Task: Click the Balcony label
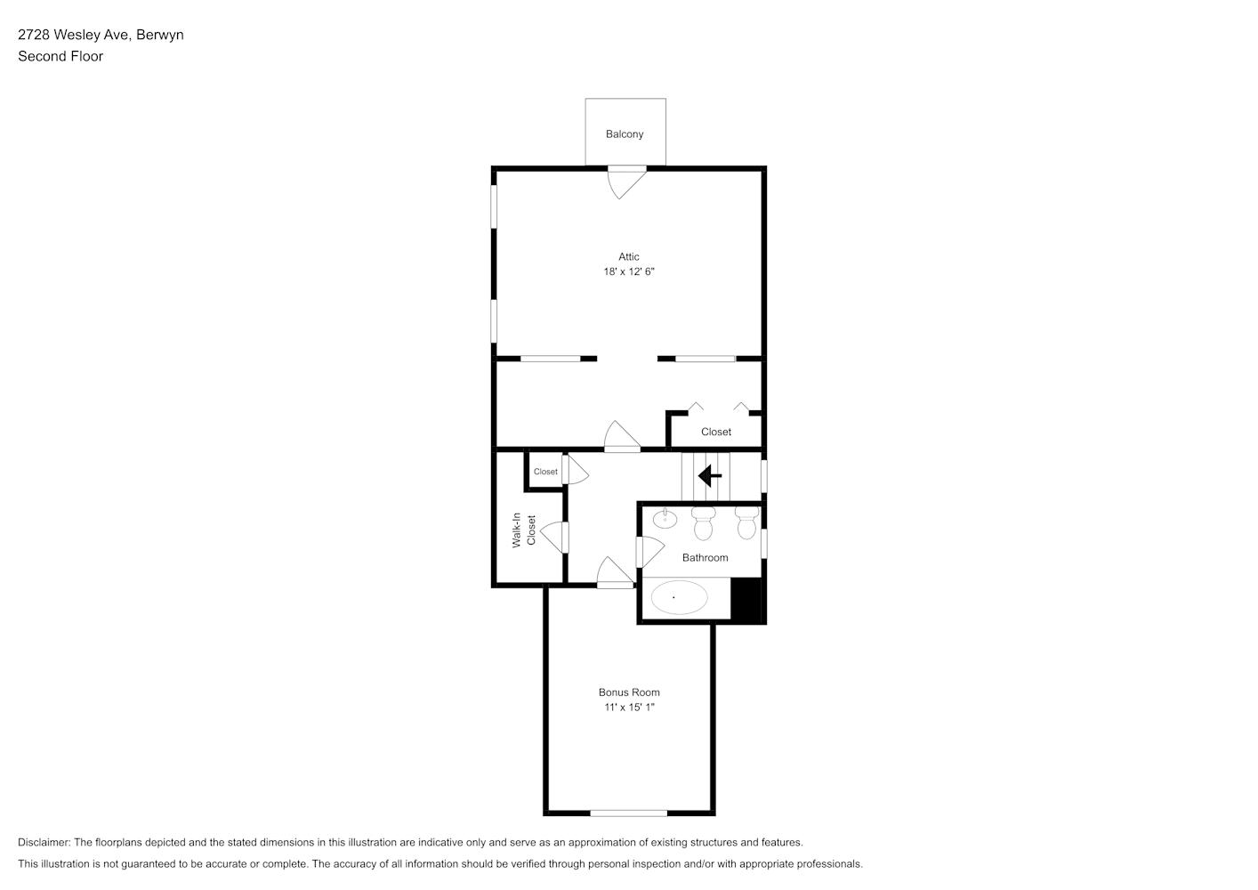pyautogui.click(x=625, y=134)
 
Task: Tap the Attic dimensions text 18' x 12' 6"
pyautogui.click(x=629, y=272)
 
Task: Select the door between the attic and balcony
pyautogui.click(x=626, y=182)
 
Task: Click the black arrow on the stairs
pyautogui.click(x=710, y=476)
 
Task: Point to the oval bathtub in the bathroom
pyautogui.click(x=679, y=597)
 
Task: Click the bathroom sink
pyautogui.click(x=665, y=518)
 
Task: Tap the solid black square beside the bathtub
pyautogui.click(x=746, y=600)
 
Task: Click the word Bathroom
pyautogui.click(x=705, y=558)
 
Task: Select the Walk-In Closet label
pyautogui.click(x=524, y=530)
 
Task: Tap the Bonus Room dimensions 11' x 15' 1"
pyautogui.click(x=629, y=708)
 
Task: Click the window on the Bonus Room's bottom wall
pyautogui.click(x=628, y=813)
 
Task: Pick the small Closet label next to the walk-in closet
pyautogui.click(x=545, y=472)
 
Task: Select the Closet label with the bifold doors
pyautogui.click(x=716, y=432)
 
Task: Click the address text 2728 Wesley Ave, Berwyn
pyautogui.click(x=101, y=35)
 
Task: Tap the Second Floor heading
pyautogui.click(x=60, y=56)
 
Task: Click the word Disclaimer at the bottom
pyautogui.click(x=44, y=842)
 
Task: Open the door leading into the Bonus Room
pyautogui.click(x=616, y=572)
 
